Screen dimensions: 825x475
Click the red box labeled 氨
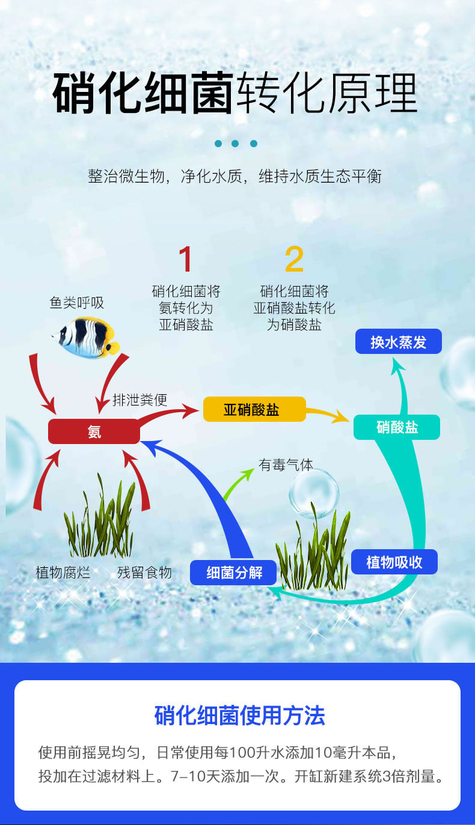94,431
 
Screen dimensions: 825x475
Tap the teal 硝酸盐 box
396,427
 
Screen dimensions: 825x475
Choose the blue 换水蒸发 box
398,342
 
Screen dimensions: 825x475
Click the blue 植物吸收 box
394,562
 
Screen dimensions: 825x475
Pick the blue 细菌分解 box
234,572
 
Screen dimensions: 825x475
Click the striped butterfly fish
85,337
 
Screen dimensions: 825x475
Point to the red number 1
186,260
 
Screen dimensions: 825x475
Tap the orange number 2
294,260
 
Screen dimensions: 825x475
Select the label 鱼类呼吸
77,302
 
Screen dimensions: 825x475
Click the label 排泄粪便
140,400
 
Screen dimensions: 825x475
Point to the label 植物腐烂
63,572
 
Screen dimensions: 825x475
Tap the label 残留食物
144,572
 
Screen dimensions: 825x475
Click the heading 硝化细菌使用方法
239,716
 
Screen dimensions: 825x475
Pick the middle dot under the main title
235,144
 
